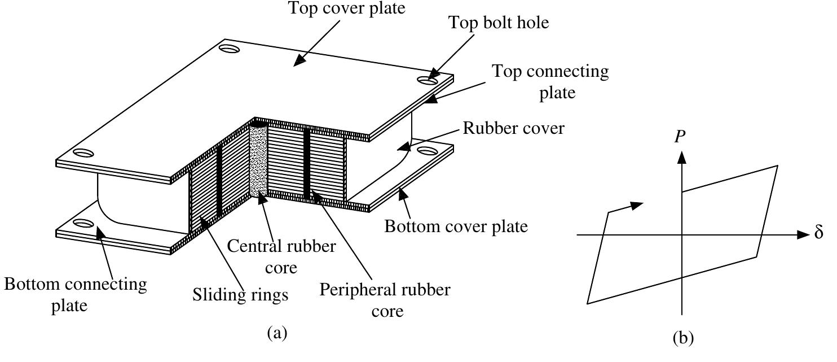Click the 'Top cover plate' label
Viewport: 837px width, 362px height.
(x=346, y=8)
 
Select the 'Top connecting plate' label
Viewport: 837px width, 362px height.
(x=550, y=81)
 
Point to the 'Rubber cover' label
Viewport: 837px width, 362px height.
(x=513, y=128)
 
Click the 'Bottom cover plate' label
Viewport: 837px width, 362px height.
(x=456, y=226)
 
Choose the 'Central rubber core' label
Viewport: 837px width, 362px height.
(x=281, y=256)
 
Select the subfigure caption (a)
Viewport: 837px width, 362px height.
(x=276, y=333)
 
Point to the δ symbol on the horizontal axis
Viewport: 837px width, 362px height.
(x=820, y=233)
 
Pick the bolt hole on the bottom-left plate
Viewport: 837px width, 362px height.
(x=82, y=223)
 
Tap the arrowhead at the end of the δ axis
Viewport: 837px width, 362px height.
(x=804, y=234)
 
